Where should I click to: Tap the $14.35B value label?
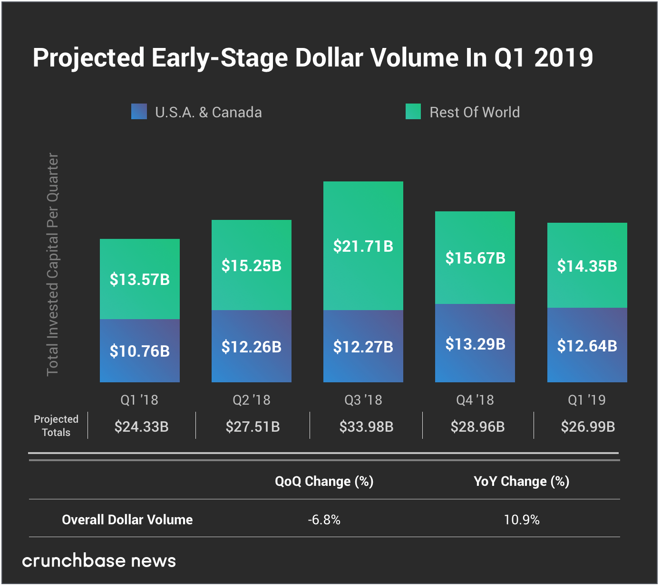tap(587, 266)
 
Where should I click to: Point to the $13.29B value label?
tap(475, 344)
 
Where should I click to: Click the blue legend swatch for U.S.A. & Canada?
tap(139, 112)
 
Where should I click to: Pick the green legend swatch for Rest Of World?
tap(413, 112)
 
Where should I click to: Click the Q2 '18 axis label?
tap(252, 400)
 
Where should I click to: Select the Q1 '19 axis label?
tap(587, 400)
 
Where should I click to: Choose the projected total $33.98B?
tap(366, 426)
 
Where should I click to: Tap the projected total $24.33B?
tap(141, 426)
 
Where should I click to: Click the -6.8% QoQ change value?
tap(324, 520)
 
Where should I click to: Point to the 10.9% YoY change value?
tap(522, 520)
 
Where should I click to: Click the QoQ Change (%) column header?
tap(324, 481)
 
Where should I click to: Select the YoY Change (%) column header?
tap(521, 481)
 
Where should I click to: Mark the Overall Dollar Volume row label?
tap(127, 520)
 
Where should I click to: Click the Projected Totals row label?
tap(56, 426)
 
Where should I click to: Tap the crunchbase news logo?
tap(99, 561)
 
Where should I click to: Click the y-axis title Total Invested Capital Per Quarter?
tap(52, 264)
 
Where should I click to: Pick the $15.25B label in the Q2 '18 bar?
tap(252, 265)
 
